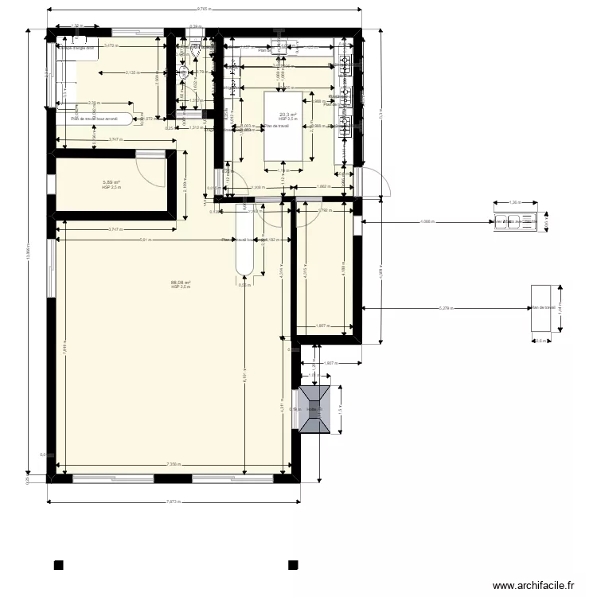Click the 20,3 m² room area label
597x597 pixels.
coord(287,115)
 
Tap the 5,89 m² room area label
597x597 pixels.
coord(111,182)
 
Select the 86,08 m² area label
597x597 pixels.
coord(181,282)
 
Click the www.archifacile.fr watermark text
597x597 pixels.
coord(533,586)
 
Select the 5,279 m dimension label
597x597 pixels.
coord(447,308)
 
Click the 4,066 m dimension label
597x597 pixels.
coord(429,222)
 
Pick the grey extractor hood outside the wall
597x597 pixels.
coord(315,409)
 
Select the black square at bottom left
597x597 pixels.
coord(58,566)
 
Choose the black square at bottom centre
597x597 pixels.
coord(293,566)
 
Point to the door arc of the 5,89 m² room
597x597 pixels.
coord(147,167)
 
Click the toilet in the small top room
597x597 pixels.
coord(185,73)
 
